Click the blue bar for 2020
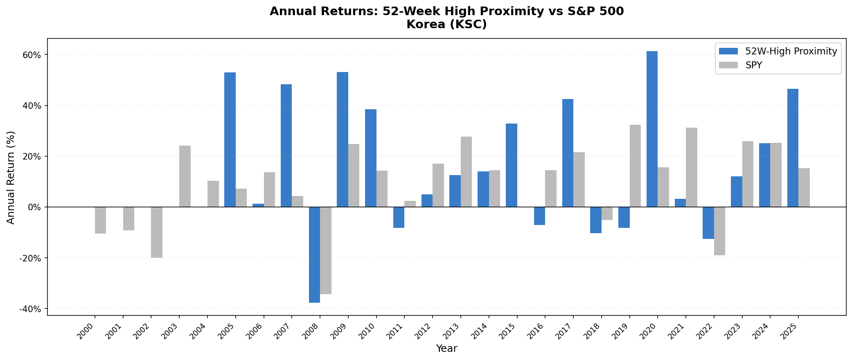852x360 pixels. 652,129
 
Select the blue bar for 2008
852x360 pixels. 314,254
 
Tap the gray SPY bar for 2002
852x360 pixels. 157,232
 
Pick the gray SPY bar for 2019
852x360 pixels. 635,166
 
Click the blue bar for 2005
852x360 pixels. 230,139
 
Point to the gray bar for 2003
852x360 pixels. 185,176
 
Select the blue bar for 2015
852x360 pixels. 512,165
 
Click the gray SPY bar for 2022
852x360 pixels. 719,231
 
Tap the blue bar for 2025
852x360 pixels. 793,148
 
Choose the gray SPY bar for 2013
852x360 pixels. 466,172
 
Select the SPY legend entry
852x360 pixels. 754,65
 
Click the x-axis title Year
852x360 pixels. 446,349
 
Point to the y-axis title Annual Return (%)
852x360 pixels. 11,177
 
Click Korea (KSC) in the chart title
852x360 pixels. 446,25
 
